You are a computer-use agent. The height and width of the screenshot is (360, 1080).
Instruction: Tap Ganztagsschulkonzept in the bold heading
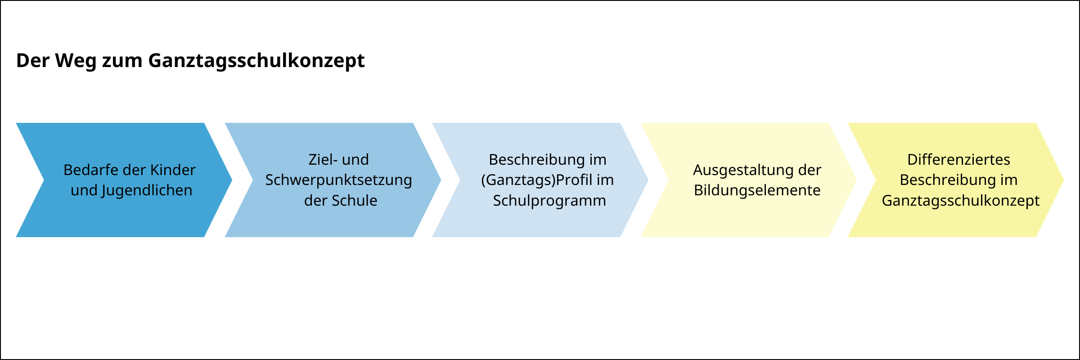pyautogui.click(x=256, y=61)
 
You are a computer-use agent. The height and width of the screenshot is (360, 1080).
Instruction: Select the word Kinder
pyautogui.click(x=173, y=170)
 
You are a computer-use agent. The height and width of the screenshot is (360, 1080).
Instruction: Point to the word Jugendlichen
pyautogui.click(x=147, y=190)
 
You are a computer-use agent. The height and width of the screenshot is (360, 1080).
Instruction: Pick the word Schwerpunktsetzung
pyautogui.click(x=338, y=180)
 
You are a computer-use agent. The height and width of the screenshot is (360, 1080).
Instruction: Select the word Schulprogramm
pyautogui.click(x=549, y=201)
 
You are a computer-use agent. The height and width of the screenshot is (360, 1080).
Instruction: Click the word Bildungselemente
pyautogui.click(x=757, y=190)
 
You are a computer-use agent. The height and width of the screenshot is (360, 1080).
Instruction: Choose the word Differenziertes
pyautogui.click(x=958, y=160)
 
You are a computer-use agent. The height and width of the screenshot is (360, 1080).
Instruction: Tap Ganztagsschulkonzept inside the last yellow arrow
pyautogui.click(x=960, y=201)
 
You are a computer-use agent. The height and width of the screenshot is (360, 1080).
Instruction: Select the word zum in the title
pyautogui.click(x=122, y=61)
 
